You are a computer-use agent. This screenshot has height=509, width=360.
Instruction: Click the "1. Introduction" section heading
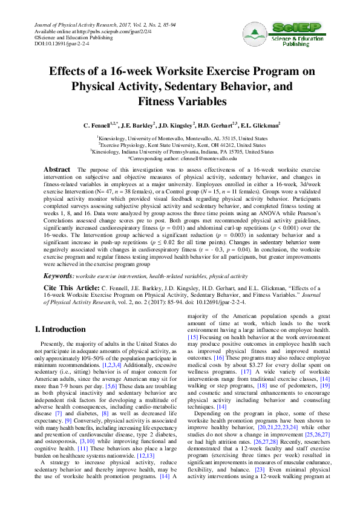coord(59,329)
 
